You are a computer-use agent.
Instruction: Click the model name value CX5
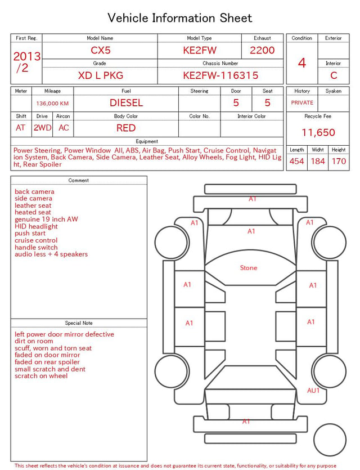coord(101,50)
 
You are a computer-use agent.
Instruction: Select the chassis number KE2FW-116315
coord(220,75)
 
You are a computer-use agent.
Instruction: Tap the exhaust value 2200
coord(262,50)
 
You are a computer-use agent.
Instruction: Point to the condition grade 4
coord(302,63)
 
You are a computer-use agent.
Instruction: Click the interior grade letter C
coord(334,75)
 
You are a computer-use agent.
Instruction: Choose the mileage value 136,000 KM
coord(52,104)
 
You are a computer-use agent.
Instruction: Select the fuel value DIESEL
coord(126,103)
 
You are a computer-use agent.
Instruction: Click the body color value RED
coord(126,128)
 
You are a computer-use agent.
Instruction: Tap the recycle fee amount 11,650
coord(318,132)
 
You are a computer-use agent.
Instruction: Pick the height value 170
coord(339,161)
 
